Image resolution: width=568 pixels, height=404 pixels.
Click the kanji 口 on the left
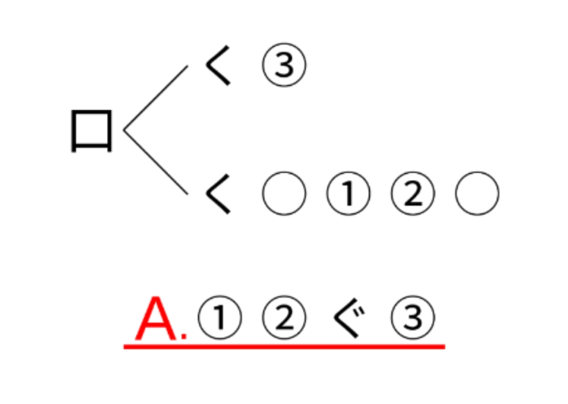click(x=92, y=131)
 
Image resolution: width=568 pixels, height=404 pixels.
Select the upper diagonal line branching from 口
click(x=156, y=98)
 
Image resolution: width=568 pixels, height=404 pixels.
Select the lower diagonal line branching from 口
click(x=156, y=163)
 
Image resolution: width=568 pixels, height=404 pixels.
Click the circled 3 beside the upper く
click(x=284, y=65)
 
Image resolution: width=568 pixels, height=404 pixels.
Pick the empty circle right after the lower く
click(x=284, y=194)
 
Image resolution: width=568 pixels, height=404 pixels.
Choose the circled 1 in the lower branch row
click(x=348, y=194)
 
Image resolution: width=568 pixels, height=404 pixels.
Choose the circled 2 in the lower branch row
click(x=413, y=194)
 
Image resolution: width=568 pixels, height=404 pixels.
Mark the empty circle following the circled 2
click(x=477, y=194)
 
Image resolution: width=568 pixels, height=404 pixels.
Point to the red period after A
click(x=184, y=337)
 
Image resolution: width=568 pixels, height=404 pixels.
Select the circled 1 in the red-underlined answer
click(x=219, y=318)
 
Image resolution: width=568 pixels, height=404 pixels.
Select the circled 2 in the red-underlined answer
click(x=284, y=318)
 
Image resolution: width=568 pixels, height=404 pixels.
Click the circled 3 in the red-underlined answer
click(x=413, y=318)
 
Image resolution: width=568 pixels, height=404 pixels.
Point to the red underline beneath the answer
click(x=284, y=345)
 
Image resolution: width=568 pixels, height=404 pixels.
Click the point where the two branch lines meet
click(x=125, y=131)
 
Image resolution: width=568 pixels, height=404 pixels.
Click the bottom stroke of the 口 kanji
click(x=92, y=147)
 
